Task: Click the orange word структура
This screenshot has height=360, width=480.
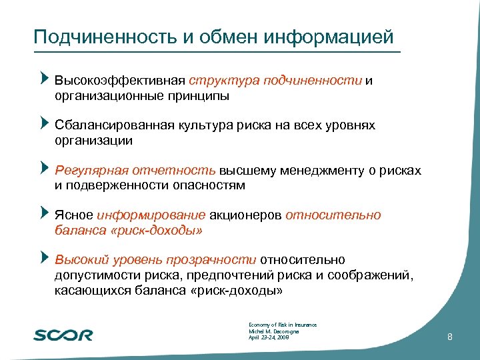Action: (x=224, y=81)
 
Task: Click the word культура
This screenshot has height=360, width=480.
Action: (x=208, y=125)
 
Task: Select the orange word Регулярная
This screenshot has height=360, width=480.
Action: (x=87, y=171)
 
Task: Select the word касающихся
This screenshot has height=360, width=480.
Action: (x=87, y=291)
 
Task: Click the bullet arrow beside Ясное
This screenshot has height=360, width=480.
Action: (x=45, y=213)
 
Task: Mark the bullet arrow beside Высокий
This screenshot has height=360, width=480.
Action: (x=45, y=258)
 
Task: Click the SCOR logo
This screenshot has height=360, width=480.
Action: (x=63, y=334)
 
